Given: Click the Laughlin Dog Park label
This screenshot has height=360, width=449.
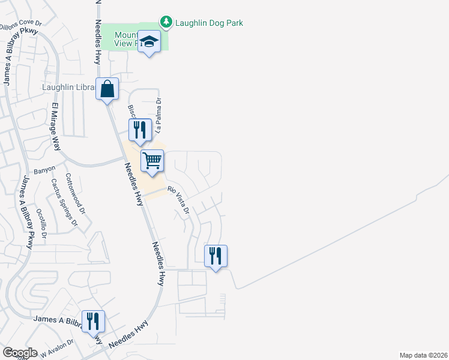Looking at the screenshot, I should (209, 23).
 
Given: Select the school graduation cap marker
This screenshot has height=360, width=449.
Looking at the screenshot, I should (149, 42).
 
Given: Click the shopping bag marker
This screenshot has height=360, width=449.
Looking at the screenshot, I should (107, 90).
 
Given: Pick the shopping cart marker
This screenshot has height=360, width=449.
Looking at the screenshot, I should (152, 161).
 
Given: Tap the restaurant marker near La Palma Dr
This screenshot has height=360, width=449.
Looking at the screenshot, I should (139, 130).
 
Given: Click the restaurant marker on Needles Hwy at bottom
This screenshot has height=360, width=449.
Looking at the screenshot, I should (93, 322).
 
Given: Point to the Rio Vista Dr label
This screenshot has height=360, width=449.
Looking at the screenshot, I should (179, 201).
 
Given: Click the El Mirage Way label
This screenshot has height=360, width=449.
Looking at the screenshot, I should (56, 127).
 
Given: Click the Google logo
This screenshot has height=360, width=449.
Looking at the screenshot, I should (20, 353).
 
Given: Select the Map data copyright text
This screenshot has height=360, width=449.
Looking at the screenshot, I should (423, 355).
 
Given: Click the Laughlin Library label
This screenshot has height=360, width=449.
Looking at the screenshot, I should (68, 87).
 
